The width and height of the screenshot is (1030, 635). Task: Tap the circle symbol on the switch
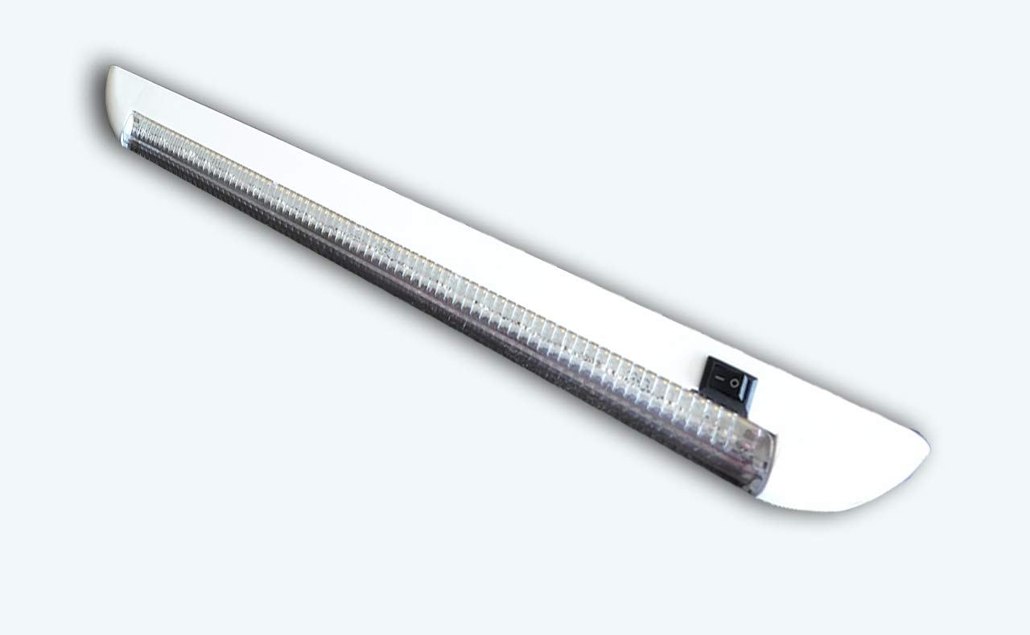tap(734, 382)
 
